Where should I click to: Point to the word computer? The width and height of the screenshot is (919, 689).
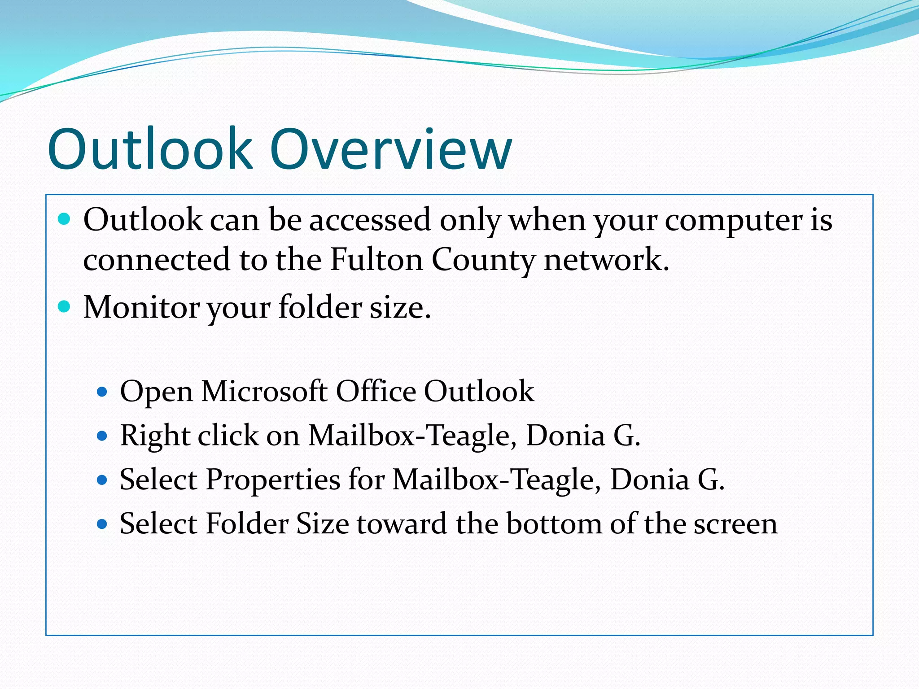pos(734,221)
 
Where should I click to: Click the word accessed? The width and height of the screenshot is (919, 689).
pos(370,220)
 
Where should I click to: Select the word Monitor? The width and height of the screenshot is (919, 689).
pos(141,307)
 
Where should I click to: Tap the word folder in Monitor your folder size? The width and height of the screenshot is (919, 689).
pos(320,307)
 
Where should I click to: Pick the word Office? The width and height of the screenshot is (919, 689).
pos(376,391)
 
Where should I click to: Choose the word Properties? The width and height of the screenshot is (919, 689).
pos(273,480)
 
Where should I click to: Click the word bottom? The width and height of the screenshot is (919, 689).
pos(554,523)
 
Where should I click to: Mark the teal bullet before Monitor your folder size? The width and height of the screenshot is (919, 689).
pos(65,307)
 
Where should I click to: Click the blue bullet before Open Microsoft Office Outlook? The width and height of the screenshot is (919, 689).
pos(102,392)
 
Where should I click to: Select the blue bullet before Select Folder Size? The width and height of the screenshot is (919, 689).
pos(102,524)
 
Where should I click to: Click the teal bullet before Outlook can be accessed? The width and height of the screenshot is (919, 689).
pos(65,219)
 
